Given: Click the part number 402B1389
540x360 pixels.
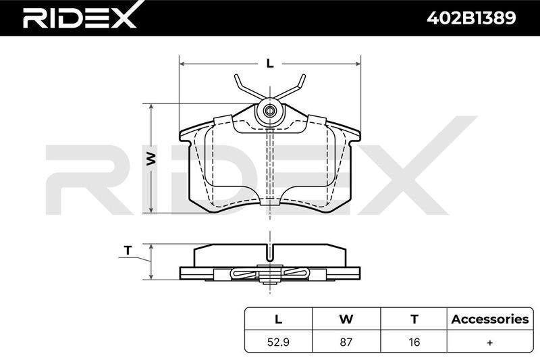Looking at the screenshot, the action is (471, 18).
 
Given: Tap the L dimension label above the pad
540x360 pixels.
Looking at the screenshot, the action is (271, 63).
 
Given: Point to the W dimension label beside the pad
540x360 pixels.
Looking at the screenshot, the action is (151, 159).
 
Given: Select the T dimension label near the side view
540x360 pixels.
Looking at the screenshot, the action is (128, 251).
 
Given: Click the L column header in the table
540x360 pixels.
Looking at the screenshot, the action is (278, 319).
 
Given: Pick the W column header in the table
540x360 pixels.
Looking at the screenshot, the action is (346, 319).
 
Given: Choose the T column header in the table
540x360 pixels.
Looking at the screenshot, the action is (414, 319).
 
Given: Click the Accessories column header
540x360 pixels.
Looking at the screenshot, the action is (490, 319).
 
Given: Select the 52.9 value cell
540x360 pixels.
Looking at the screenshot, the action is (278, 342).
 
